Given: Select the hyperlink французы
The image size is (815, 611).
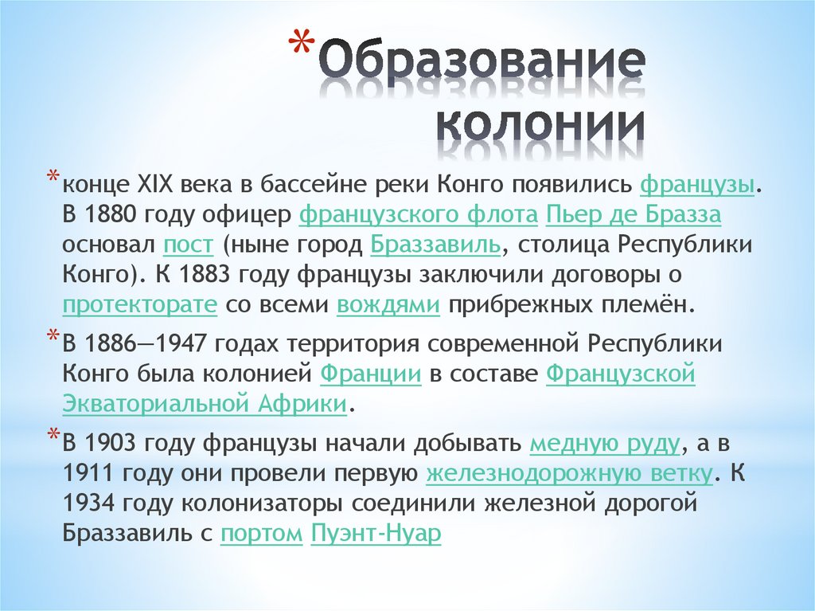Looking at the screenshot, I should [x=697, y=186].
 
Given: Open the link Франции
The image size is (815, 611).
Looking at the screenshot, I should [x=370, y=374].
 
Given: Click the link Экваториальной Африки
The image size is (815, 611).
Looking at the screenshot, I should [x=205, y=403].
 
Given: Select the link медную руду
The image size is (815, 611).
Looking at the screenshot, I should [x=605, y=443].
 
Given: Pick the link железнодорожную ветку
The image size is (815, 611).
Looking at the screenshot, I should [x=569, y=473].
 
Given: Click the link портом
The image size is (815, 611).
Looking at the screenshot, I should [x=262, y=533].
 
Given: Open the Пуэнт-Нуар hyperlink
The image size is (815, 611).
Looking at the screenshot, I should [x=376, y=533].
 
